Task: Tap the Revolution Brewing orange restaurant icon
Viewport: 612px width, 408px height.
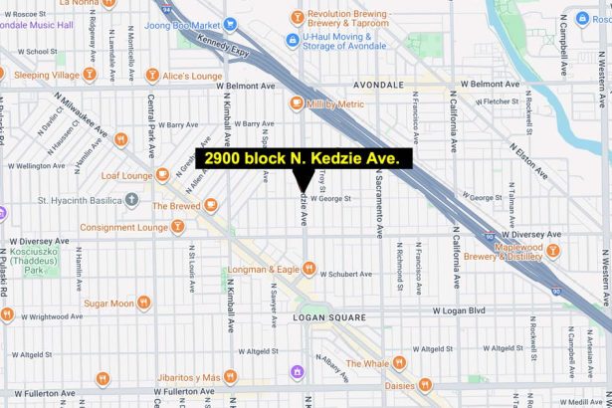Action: point(297,17)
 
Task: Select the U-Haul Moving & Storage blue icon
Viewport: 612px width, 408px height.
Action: point(292,40)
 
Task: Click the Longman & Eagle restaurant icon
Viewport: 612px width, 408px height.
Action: point(308,268)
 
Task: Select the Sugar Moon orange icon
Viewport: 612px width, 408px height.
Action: point(144,303)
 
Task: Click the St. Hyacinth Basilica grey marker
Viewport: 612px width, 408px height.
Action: point(132,199)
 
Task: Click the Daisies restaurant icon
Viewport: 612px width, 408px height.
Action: point(425,384)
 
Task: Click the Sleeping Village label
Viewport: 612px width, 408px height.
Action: point(47,75)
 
